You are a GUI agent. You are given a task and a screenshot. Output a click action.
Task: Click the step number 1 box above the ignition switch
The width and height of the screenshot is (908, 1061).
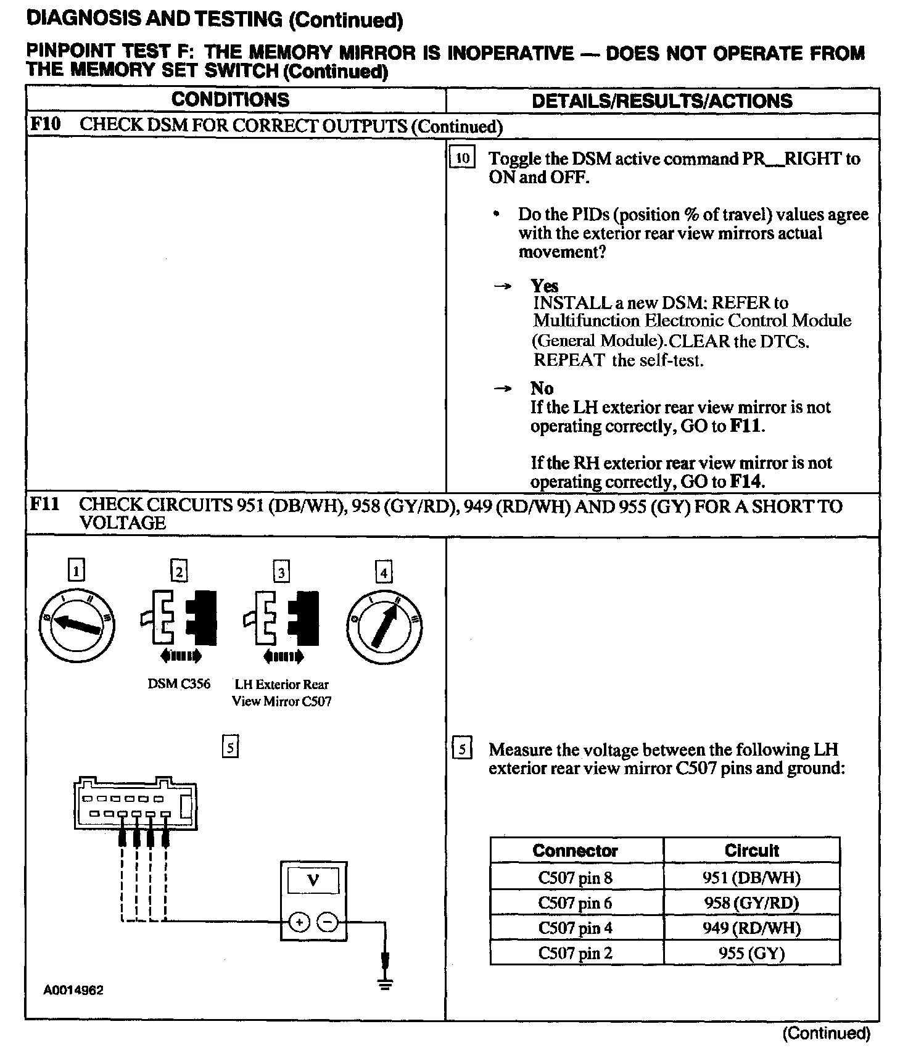pyautogui.click(x=76, y=571)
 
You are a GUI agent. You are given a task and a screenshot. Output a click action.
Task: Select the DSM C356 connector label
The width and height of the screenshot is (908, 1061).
pyautogui.click(x=179, y=683)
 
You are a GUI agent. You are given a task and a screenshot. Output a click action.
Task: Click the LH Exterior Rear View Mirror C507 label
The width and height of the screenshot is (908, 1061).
pyautogui.click(x=281, y=693)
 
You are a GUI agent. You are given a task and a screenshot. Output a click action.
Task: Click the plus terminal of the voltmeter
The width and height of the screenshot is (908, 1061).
pyautogui.click(x=299, y=922)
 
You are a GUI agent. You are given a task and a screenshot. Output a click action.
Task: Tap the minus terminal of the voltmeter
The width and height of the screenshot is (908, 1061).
pyautogui.click(x=328, y=922)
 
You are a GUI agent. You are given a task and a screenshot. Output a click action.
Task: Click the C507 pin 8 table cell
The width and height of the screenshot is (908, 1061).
pyautogui.click(x=575, y=877)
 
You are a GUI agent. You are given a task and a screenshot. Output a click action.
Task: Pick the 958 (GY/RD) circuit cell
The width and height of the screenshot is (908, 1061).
pyautogui.click(x=751, y=903)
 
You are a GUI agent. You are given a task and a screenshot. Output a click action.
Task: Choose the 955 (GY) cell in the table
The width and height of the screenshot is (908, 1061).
pyautogui.click(x=751, y=954)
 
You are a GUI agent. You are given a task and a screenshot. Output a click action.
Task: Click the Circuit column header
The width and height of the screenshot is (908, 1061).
pyautogui.click(x=751, y=851)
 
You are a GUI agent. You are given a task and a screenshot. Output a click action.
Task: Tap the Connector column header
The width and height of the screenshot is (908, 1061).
pyautogui.click(x=575, y=851)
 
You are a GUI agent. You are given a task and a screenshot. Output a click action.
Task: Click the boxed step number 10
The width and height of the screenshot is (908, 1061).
pyautogui.click(x=462, y=158)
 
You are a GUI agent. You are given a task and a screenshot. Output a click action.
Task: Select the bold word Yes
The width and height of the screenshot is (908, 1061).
pyautogui.click(x=544, y=286)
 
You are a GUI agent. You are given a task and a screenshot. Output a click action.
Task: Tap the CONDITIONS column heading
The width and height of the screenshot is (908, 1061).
pyautogui.click(x=230, y=100)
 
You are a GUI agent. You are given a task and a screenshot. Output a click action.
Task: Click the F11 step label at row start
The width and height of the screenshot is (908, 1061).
pyautogui.click(x=45, y=505)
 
